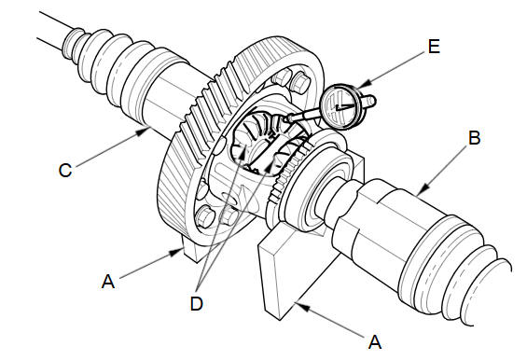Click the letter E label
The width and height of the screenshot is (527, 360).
[434, 47]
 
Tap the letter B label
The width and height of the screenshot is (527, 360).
[474, 138]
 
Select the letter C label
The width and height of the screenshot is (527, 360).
[65, 170]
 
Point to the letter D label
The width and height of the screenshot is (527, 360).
[197, 304]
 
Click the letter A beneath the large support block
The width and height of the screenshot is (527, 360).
[375, 342]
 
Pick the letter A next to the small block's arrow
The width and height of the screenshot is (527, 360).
[108, 282]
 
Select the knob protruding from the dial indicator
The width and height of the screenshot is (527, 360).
[368, 101]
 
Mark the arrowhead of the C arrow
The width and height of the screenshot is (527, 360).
[142, 131]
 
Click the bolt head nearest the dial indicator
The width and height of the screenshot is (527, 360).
[300, 82]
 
